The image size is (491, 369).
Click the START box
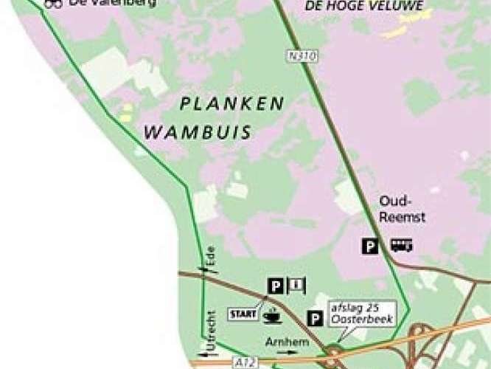(244, 314)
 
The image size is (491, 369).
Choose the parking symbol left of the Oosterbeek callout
(314, 318)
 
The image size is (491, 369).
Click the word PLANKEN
(232, 104)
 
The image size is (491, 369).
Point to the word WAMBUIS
(198, 134)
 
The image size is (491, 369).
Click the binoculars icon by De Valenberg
(53, 4)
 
